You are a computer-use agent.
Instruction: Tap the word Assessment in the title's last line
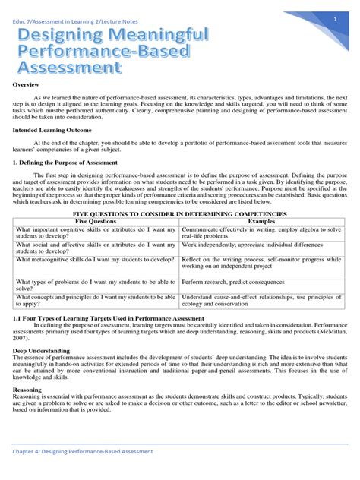pos(68,68)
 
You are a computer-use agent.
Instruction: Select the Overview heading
pos(27,84)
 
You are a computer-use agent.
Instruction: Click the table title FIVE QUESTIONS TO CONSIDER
pos(180,213)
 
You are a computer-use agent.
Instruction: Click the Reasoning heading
pos(28,390)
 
